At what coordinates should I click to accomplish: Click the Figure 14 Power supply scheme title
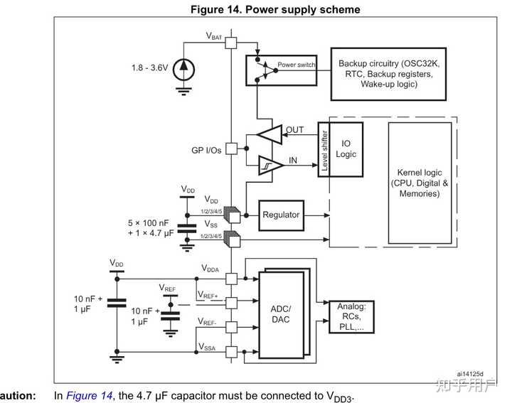click(x=274, y=9)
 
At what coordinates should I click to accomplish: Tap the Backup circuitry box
click(x=388, y=74)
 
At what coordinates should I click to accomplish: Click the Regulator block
click(x=282, y=215)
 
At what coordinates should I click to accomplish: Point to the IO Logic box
click(x=346, y=149)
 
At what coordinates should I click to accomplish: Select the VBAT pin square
click(x=230, y=42)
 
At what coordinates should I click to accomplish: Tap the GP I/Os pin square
click(x=230, y=149)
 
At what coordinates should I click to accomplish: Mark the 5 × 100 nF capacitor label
click(x=149, y=222)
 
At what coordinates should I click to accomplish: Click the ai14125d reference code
click(x=471, y=373)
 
